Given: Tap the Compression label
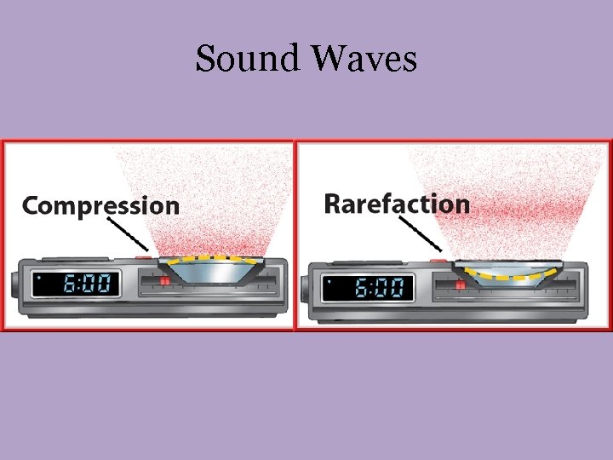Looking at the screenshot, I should [x=100, y=205].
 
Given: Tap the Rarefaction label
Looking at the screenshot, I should [x=396, y=204].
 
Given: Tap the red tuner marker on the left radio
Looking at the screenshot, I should [x=164, y=280].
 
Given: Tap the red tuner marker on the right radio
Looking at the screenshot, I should [x=460, y=285].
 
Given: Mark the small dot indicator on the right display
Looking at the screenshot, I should [x=329, y=280].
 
